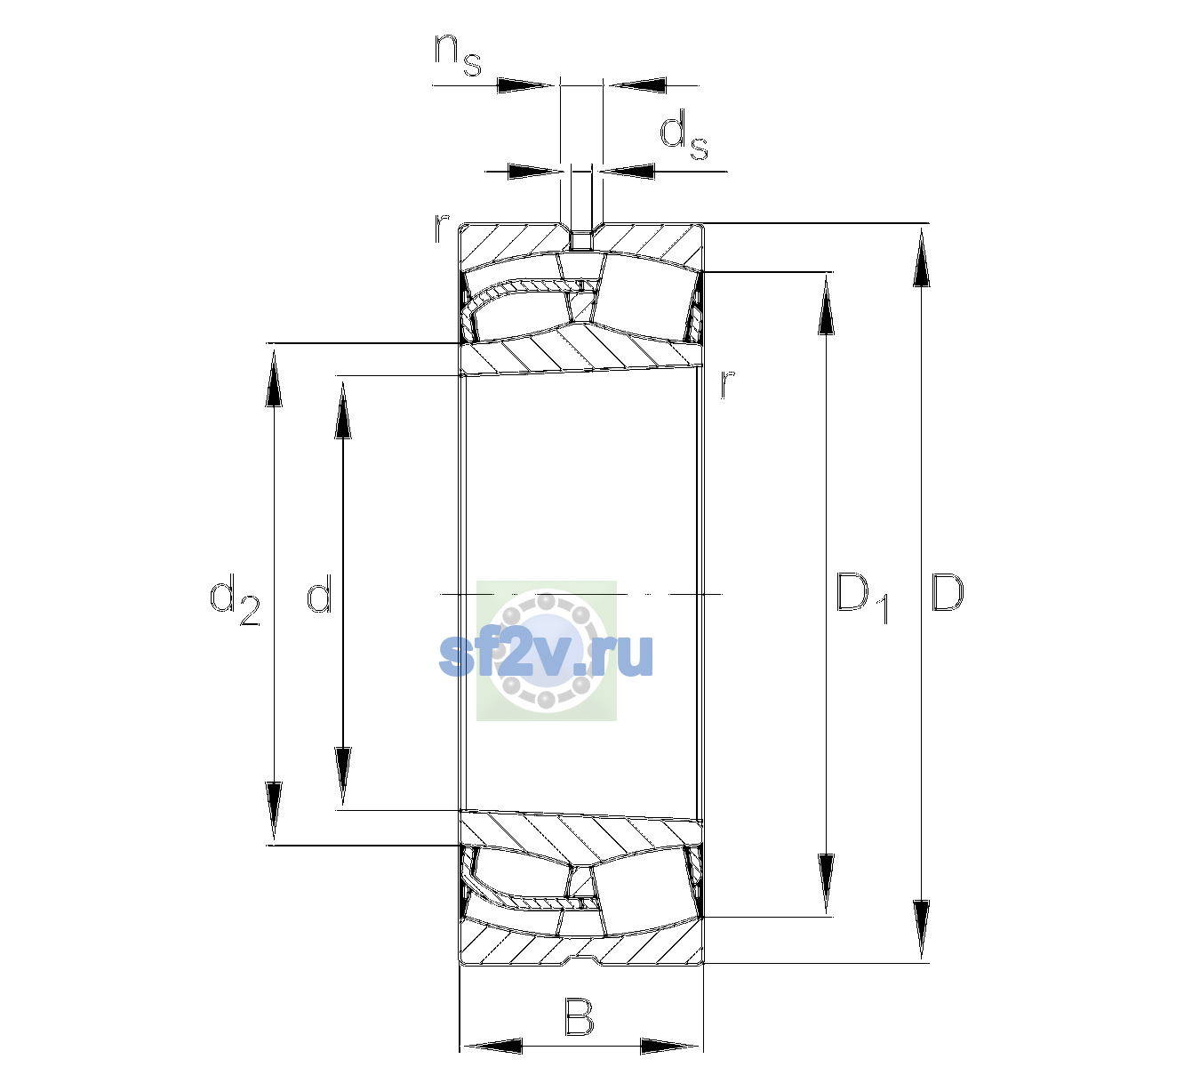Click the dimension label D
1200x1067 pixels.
[x=947, y=592]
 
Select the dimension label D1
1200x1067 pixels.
[x=862, y=598]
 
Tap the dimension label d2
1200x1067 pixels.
[x=236, y=599]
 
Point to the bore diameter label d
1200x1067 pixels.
[x=319, y=592]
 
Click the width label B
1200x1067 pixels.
[x=579, y=1016]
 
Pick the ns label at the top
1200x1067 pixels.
[x=458, y=55]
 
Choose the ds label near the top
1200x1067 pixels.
[x=684, y=135]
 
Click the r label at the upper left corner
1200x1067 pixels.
[x=441, y=229]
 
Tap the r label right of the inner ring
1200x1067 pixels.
[x=727, y=383]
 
